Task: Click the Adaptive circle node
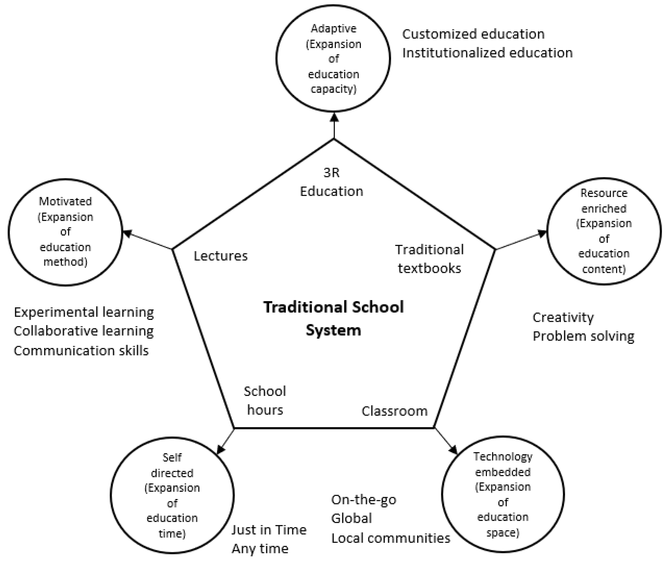[333, 58]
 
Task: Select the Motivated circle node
[65, 232]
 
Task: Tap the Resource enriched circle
[603, 231]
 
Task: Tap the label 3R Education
[331, 182]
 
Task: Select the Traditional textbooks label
[429, 259]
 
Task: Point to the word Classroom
[394, 411]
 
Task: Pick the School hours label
[265, 400]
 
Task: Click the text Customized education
[473, 34]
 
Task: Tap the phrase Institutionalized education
[487, 53]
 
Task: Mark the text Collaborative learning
[84, 331]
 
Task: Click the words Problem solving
[583, 336]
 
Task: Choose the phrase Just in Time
[269, 530]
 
